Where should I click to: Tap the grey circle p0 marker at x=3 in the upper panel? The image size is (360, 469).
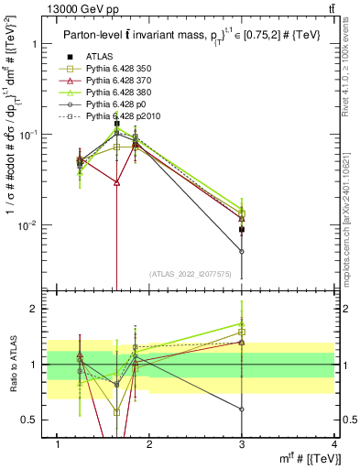242,251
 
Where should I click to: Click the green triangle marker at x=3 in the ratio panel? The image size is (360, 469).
242,324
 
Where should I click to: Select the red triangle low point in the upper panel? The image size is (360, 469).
116,182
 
